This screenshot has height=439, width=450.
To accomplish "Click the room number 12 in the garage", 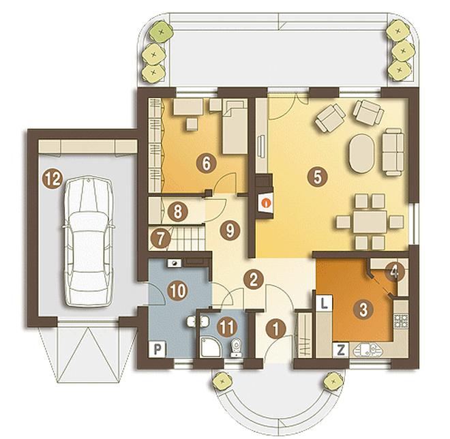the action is point(52,179).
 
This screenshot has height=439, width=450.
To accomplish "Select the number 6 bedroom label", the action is point(206,164).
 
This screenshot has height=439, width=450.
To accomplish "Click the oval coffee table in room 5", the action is point(362,153).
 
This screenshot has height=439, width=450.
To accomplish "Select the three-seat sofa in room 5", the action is point(392,152).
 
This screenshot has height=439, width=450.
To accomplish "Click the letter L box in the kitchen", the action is point(324,303).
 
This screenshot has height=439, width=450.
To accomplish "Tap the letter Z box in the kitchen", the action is point(341,350).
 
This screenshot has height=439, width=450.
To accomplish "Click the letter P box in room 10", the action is point(157,349).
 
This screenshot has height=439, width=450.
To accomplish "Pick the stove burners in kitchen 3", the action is point(401,321).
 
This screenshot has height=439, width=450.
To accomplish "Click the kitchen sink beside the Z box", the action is point(368,350).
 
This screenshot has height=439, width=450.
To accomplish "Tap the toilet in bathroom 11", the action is point(236,348).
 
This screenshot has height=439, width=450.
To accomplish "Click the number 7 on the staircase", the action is point(160,238).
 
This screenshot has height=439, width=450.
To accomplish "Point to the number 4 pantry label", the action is point(395,272).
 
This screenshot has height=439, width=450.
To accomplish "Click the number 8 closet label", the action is point(177,212).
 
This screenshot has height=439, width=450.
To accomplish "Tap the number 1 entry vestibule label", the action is point(275,329).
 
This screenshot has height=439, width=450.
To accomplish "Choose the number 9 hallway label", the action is point(230,230).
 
